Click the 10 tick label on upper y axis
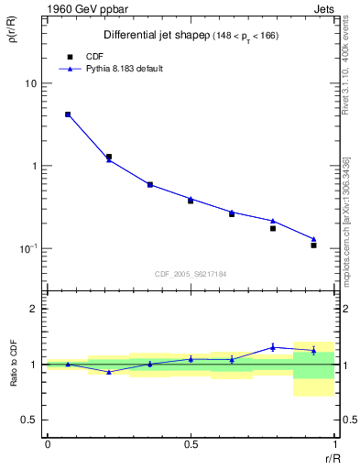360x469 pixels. pos(29,83)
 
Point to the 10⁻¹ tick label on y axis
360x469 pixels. pos(27,248)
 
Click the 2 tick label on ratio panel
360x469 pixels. pos(33,309)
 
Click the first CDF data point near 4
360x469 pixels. pos(68,115)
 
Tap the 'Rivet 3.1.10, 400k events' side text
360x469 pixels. pos(346,82)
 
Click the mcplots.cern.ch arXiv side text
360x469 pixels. pos(346,220)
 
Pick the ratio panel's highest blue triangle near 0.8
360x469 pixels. pos(273,347)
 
